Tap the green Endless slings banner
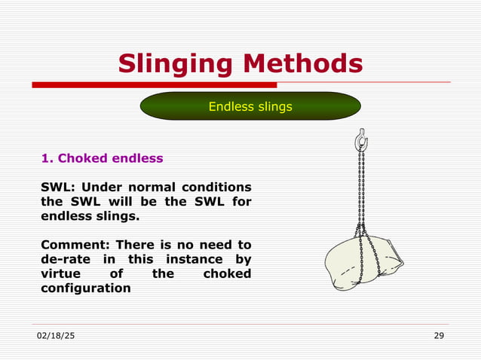250,106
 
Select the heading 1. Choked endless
101,158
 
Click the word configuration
84,288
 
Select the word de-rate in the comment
65,259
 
